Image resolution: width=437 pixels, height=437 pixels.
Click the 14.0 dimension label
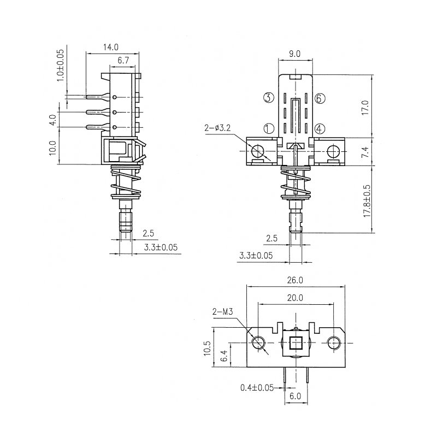click(x=111, y=47)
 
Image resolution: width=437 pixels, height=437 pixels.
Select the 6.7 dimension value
click(x=123, y=60)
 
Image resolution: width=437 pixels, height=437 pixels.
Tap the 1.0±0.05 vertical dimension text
click(x=60, y=66)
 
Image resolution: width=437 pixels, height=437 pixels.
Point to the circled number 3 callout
click(x=269, y=98)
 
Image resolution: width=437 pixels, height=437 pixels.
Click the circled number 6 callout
click(x=320, y=98)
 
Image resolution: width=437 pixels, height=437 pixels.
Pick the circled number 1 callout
click(x=269, y=128)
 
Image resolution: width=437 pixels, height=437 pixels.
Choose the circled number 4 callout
click(x=320, y=128)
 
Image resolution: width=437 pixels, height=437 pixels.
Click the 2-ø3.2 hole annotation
click(x=217, y=128)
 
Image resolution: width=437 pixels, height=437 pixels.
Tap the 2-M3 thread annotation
click(x=222, y=311)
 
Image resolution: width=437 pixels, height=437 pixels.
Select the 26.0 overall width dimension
click(x=295, y=280)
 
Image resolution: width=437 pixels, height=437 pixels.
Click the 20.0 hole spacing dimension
click(x=295, y=298)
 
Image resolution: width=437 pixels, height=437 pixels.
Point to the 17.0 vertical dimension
click(x=365, y=108)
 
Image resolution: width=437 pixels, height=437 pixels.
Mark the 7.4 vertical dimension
click(x=365, y=152)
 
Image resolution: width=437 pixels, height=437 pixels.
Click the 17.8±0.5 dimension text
click(x=367, y=200)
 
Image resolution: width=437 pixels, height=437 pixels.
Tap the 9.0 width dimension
click(x=294, y=54)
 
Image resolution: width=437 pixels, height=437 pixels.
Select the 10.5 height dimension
click(x=208, y=349)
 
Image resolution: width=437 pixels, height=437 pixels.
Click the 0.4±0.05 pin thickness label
click(x=257, y=388)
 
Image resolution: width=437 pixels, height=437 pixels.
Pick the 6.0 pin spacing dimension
click(x=296, y=396)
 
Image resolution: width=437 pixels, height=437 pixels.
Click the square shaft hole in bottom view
click(x=295, y=343)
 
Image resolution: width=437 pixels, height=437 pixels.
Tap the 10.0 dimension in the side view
click(x=53, y=148)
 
